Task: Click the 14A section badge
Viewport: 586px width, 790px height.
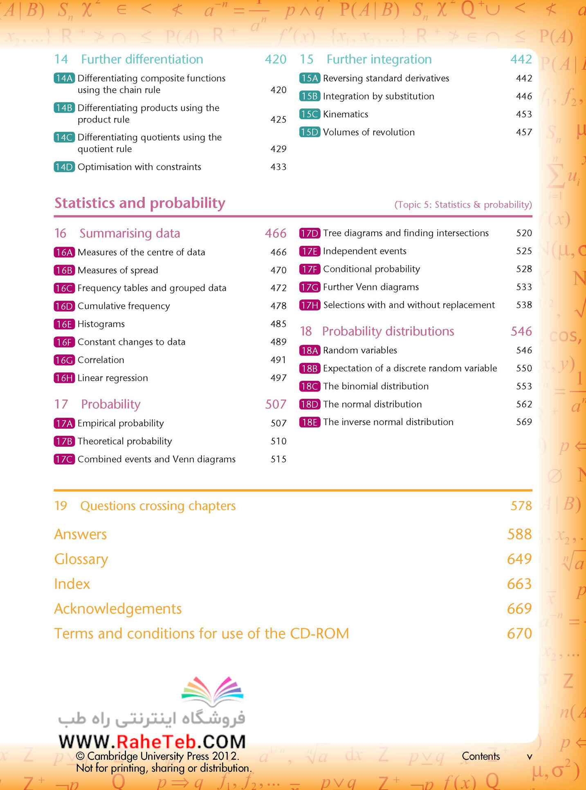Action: pos(64,78)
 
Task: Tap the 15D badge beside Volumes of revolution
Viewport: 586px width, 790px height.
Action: pos(310,132)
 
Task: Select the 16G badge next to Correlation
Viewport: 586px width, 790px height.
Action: pos(64,360)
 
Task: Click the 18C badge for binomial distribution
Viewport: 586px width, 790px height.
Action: pos(310,386)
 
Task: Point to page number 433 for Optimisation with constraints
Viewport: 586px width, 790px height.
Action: pos(278,167)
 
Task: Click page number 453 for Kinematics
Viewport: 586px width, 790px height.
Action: pos(524,114)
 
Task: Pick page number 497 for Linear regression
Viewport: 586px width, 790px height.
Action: pos(278,378)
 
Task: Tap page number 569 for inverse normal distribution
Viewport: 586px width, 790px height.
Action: pos(524,422)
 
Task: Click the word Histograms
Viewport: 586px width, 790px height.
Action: pos(101,324)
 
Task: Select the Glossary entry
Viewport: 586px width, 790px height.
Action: pos(81,559)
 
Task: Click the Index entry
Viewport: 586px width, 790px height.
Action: pos(72,584)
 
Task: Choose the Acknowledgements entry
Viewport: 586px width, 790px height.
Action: pos(118,609)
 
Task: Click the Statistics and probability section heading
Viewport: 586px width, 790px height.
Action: pos(140,203)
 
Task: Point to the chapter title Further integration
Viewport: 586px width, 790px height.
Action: pos(379,59)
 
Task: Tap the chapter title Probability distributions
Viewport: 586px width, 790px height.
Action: pos(388,331)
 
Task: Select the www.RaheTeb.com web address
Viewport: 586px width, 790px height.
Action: pos(152,742)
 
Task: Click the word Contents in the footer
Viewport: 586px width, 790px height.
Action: pos(481,756)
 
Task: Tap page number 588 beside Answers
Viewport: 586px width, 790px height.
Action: pos(519,534)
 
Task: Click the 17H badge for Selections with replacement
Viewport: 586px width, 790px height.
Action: pos(310,305)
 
